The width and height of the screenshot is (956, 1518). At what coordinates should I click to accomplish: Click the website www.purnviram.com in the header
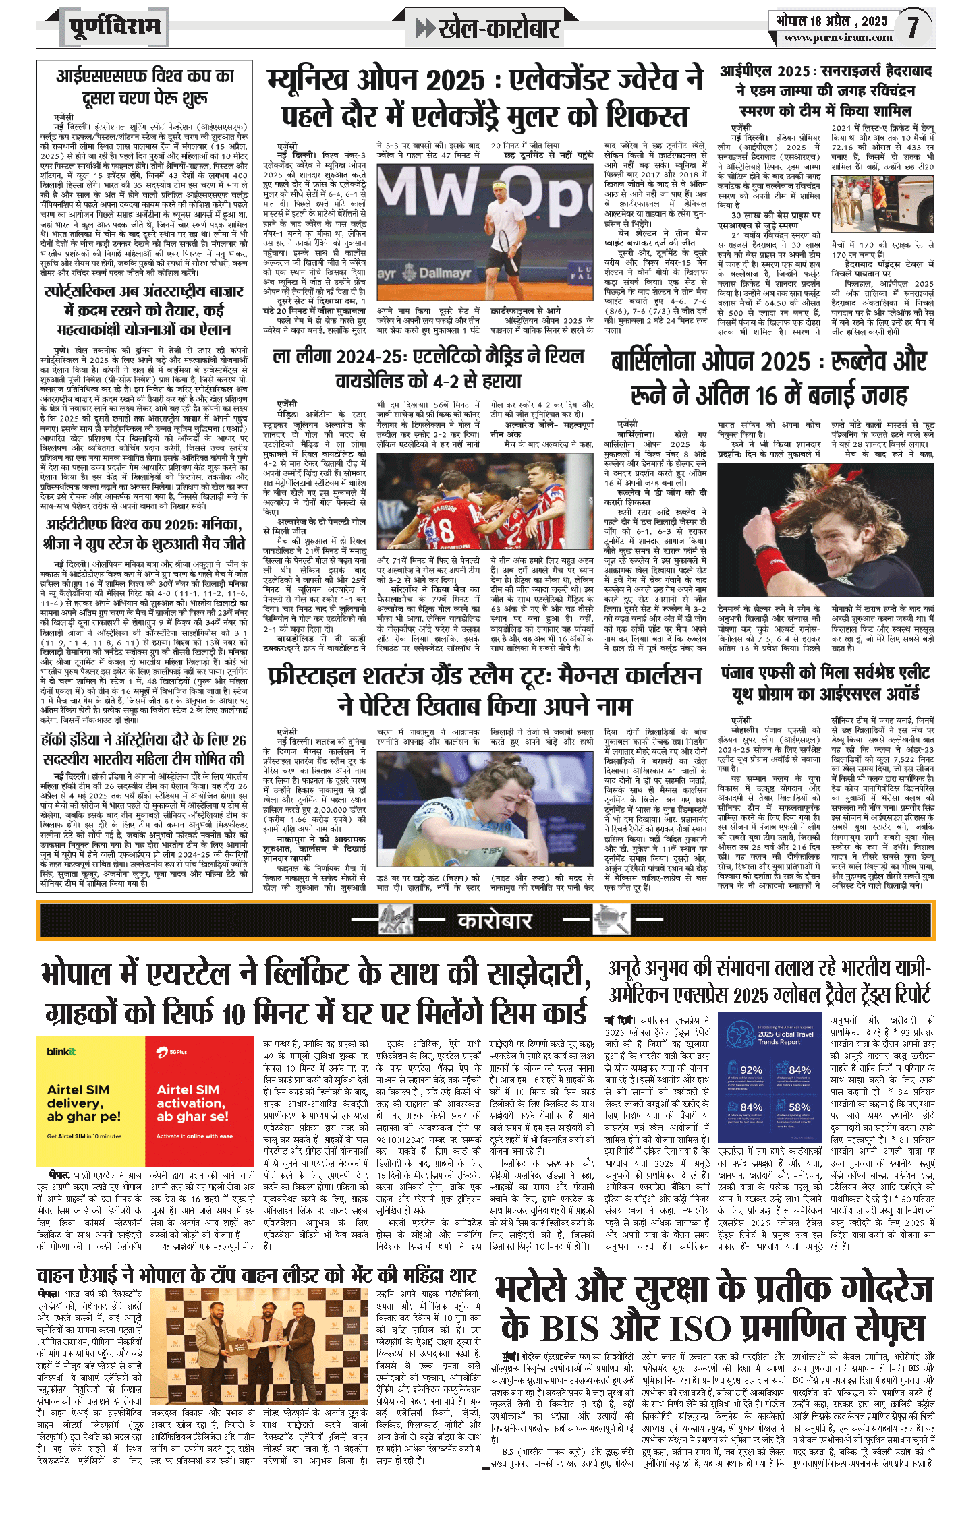[838, 38]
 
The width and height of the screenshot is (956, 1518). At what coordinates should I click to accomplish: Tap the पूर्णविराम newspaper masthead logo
[115, 28]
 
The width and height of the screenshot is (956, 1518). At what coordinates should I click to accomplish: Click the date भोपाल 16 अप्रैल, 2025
[831, 20]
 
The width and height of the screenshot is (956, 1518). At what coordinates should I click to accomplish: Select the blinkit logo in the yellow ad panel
[61, 1052]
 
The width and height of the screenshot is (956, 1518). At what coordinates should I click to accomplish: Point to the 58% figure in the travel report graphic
[799, 1107]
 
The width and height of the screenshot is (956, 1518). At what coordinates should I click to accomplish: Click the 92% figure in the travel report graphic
[751, 1070]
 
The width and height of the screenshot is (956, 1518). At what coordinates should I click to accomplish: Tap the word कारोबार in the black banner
[495, 921]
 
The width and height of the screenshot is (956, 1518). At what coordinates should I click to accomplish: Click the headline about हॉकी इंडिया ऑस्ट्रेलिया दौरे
[144, 749]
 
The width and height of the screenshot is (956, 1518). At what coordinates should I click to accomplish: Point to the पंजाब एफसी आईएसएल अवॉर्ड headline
[826, 683]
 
